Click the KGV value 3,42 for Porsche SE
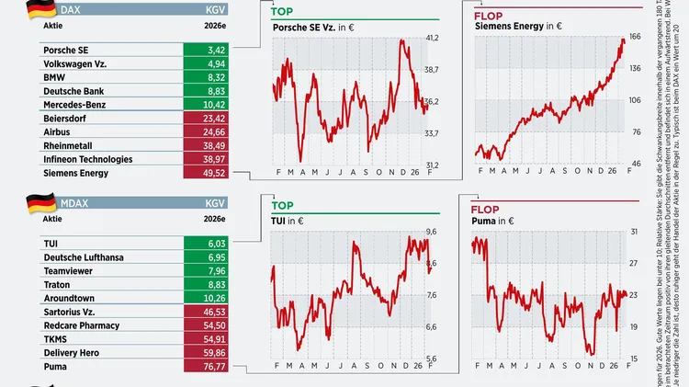coord(217,49)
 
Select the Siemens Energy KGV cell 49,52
coord(217,173)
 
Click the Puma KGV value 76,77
coord(217,367)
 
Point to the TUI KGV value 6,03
coord(217,244)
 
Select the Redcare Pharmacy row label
coord(82,325)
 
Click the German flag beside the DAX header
coord(40,10)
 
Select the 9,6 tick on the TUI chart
coord(431,232)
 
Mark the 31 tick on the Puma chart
coord(633,232)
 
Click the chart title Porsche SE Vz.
coord(304,28)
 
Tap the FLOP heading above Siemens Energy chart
coord(490,17)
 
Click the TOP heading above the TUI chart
coord(283,206)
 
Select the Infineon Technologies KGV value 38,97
coord(217,159)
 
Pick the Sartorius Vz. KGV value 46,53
coord(217,313)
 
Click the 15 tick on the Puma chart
coord(633,359)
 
